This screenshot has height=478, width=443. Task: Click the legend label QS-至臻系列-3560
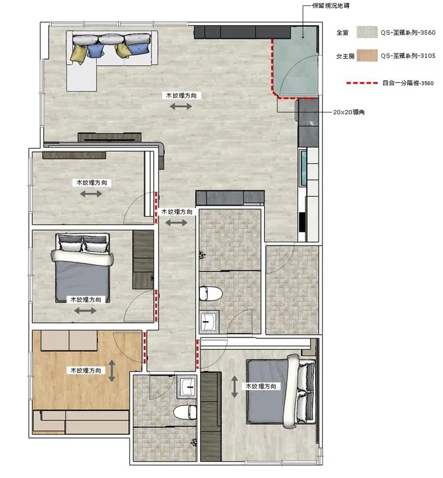tap(408, 33)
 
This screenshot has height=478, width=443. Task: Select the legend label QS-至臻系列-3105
tap(408, 56)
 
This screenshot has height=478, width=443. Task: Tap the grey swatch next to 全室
tap(367, 32)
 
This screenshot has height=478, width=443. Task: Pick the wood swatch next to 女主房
tap(367, 56)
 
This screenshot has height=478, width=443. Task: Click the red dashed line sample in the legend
tap(362, 83)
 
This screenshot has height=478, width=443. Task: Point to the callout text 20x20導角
tap(349, 112)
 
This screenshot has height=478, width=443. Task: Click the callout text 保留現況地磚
tap(331, 5)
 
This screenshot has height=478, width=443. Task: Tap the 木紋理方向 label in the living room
tap(181, 95)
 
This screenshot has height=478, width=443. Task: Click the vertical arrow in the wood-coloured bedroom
tap(112, 371)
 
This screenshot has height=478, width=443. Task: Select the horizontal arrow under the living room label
tap(181, 106)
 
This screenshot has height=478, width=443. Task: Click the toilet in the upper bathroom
tap(211, 293)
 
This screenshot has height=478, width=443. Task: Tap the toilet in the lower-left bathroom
tap(185, 413)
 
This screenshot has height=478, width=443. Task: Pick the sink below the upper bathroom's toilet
tap(209, 322)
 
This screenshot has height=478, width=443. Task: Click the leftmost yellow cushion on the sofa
tap(78, 54)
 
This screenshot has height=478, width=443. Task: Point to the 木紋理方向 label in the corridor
tap(177, 212)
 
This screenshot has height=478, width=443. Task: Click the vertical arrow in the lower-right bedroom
tap(234, 386)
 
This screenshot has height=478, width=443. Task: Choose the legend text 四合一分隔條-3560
tap(408, 83)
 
